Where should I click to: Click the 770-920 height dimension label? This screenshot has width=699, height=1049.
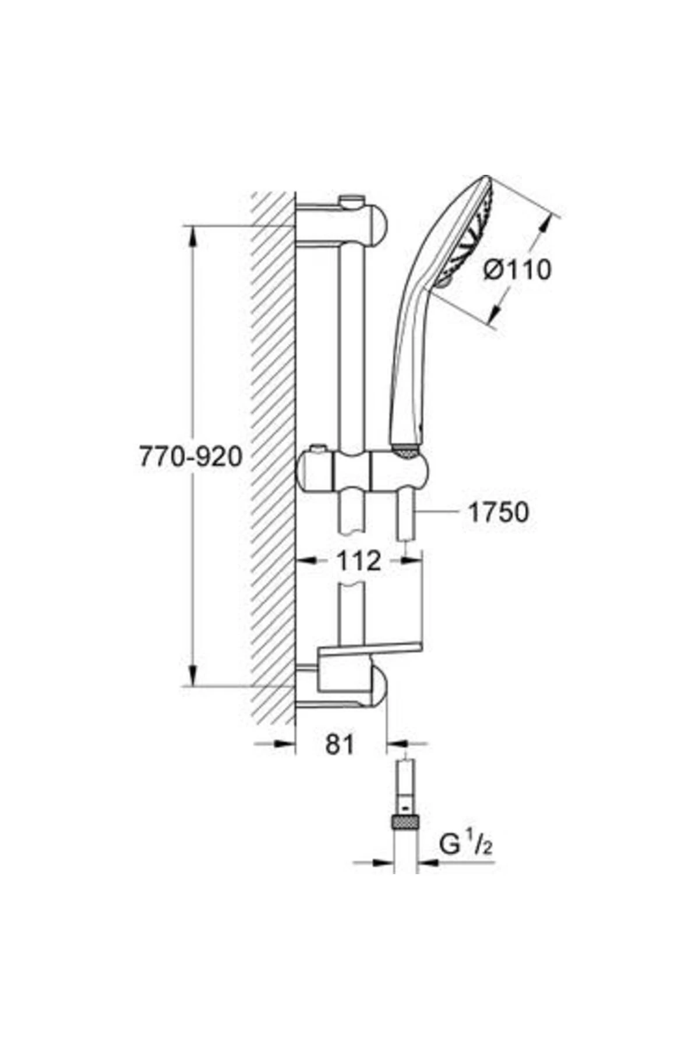[190, 457]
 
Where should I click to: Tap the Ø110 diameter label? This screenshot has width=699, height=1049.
[517, 270]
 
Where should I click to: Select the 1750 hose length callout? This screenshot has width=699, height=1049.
[499, 512]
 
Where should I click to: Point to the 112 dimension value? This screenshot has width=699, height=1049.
[358, 561]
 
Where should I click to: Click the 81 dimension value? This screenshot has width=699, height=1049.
[340, 744]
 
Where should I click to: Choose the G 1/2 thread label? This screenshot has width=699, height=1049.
[465, 844]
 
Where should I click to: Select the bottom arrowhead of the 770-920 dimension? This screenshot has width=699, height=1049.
[193, 677]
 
